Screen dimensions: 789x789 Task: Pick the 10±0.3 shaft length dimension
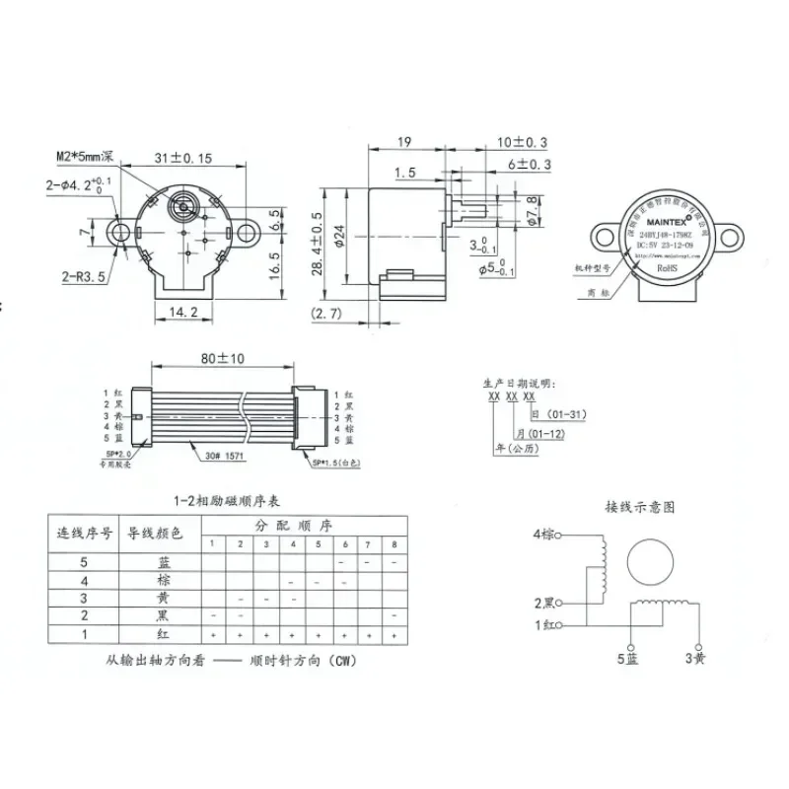tap(523, 143)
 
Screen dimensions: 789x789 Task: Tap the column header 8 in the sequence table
tap(394, 543)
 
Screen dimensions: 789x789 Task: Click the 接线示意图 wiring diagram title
tap(640, 507)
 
